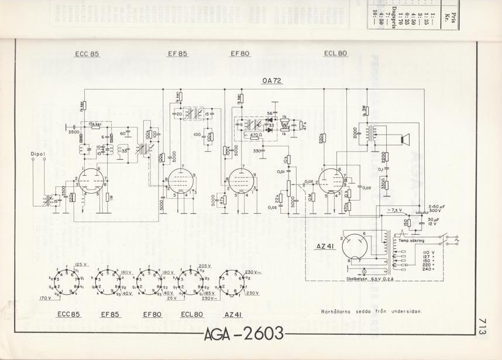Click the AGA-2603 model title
point(245,334)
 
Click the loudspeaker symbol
point(403,139)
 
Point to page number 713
point(483,325)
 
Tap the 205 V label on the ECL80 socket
point(204,265)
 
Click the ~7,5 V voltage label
point(395,210)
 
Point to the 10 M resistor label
point(311,197)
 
